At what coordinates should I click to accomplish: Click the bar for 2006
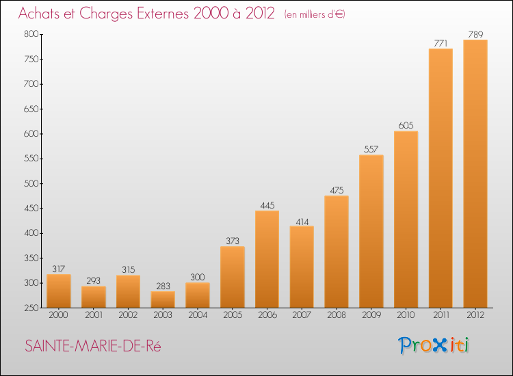click(x=267, y=259)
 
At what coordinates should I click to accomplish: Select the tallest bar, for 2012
click(x=475, y=174)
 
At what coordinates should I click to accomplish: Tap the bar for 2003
click(x=163, y=299)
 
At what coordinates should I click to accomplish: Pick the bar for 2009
click(x=371, y=231)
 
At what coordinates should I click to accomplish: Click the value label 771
click(x=440, y=44)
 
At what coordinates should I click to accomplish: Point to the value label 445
click(x=267, y=205)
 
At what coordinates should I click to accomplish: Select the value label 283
click(x=163, y=286)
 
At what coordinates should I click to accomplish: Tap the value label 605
click(x=406, y=126)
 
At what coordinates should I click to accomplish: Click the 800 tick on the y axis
click(x=31, y=34)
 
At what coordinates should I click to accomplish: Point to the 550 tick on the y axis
click(x=31, y=159)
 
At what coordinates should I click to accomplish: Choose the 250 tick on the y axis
click(x=31, y=308)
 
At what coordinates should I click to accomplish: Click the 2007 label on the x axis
click(x=302, y=315)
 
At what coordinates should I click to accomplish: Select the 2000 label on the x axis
click(x=59, y=315)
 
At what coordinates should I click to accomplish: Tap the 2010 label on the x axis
click(x=406, y=315)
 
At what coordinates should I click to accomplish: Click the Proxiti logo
click(x=434, y=345)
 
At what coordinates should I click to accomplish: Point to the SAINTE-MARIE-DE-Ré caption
click(x=93, y=346)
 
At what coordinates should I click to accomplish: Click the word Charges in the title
click(x=106, y=14)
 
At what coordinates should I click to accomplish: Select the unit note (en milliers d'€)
click(x=315, y=14)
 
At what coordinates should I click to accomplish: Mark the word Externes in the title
click(x=163, y=13)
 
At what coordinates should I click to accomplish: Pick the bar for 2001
click(x=94, y=297)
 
